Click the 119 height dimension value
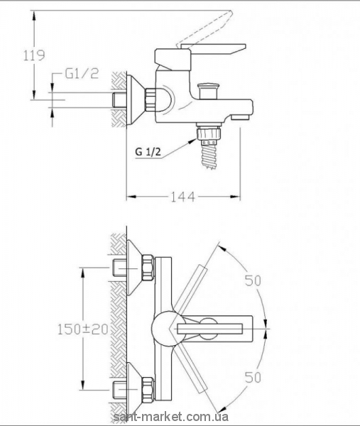tap(33, 55)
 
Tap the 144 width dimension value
tap(182, 197)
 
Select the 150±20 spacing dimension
tap(83, 329)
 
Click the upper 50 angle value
tap(253, 280)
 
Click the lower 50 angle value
tap(253, 377)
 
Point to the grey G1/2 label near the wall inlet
tap(82, 73)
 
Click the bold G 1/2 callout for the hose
tap(148, 152)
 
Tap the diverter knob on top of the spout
tap(209, 91)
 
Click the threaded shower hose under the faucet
tap(209, 157)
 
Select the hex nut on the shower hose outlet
tap(209, 133)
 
